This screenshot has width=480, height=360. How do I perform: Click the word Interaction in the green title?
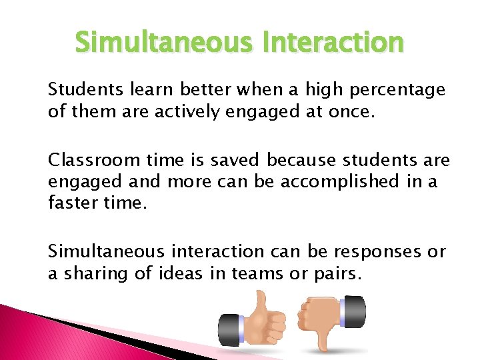tap(333, 43)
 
